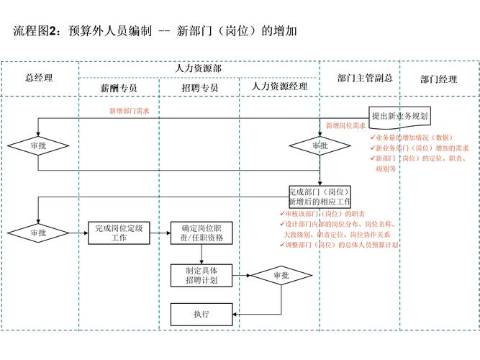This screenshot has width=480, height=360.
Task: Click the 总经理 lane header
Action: click(x=39, y=78)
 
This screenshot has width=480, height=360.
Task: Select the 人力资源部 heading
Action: click(x=199, y=68)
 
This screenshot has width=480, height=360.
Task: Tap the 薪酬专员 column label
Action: click(x=119, y=88)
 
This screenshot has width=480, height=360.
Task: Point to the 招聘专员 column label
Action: click(x=199, y=88)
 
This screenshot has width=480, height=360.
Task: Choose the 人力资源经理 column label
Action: click(x=279, y=86)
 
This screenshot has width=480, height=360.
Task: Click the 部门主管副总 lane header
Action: click(x=360, y=78)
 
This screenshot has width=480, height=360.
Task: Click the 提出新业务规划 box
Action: click(x=399, y=115)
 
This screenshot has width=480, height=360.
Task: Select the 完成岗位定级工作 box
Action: click(x=119, y=233)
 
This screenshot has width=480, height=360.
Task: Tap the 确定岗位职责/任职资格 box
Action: click(x=201, y=233)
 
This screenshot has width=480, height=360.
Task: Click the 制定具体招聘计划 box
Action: click(x=201, y=275)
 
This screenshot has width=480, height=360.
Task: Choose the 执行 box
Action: click(x=201, y=314)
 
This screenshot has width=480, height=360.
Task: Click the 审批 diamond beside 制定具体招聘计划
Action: click(x=281, y=275)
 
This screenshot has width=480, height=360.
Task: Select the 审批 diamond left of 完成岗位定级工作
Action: click(x=37, y=233)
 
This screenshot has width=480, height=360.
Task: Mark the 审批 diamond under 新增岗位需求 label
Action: click(x=320, y=145)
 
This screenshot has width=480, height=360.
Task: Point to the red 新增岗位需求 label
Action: click(x=345, y=125)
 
